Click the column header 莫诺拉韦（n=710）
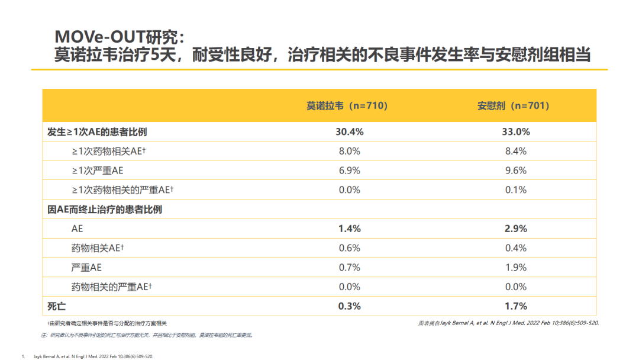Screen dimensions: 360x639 pyautogui.click(x=347, y=106)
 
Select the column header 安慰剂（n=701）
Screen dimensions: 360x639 pyautogui.click(x=514, y=106)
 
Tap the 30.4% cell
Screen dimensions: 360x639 pyautogui.click(x=349, y=131)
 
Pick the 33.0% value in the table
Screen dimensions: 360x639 pyautogui.click(x=516, y=131)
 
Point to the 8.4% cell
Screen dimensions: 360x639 pyautogui.click(x=516, y=151)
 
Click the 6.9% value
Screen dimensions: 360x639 pyautogui.click(x=349, y=171)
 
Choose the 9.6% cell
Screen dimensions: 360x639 pyautogui.click(x=516, y=171)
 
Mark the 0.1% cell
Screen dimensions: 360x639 pyautogui.click(x=516, y=190)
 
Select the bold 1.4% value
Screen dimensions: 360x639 pyautogui.click(x=349, y=229)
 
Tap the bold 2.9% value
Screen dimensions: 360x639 pyautogui.click(x=516, y=229)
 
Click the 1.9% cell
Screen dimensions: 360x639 pyautogui.click(x=516, y=268)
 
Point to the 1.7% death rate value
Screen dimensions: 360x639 pyautogui.click(x=516, y=306)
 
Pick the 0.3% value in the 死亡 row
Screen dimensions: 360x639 pyautogui.click(x=349, y=306)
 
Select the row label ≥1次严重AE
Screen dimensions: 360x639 pyautogui.click(x=98, y=171)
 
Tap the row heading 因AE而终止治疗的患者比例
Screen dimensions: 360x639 pyautogui.click(x=105, y=209)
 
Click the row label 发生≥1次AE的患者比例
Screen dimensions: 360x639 pyautogui.click(x=97, y=131)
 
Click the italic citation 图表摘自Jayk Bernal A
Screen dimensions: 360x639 pyautogui.click(x=508, y=323)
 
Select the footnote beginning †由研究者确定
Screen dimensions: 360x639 pyautogui.click(x=107, y=323)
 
